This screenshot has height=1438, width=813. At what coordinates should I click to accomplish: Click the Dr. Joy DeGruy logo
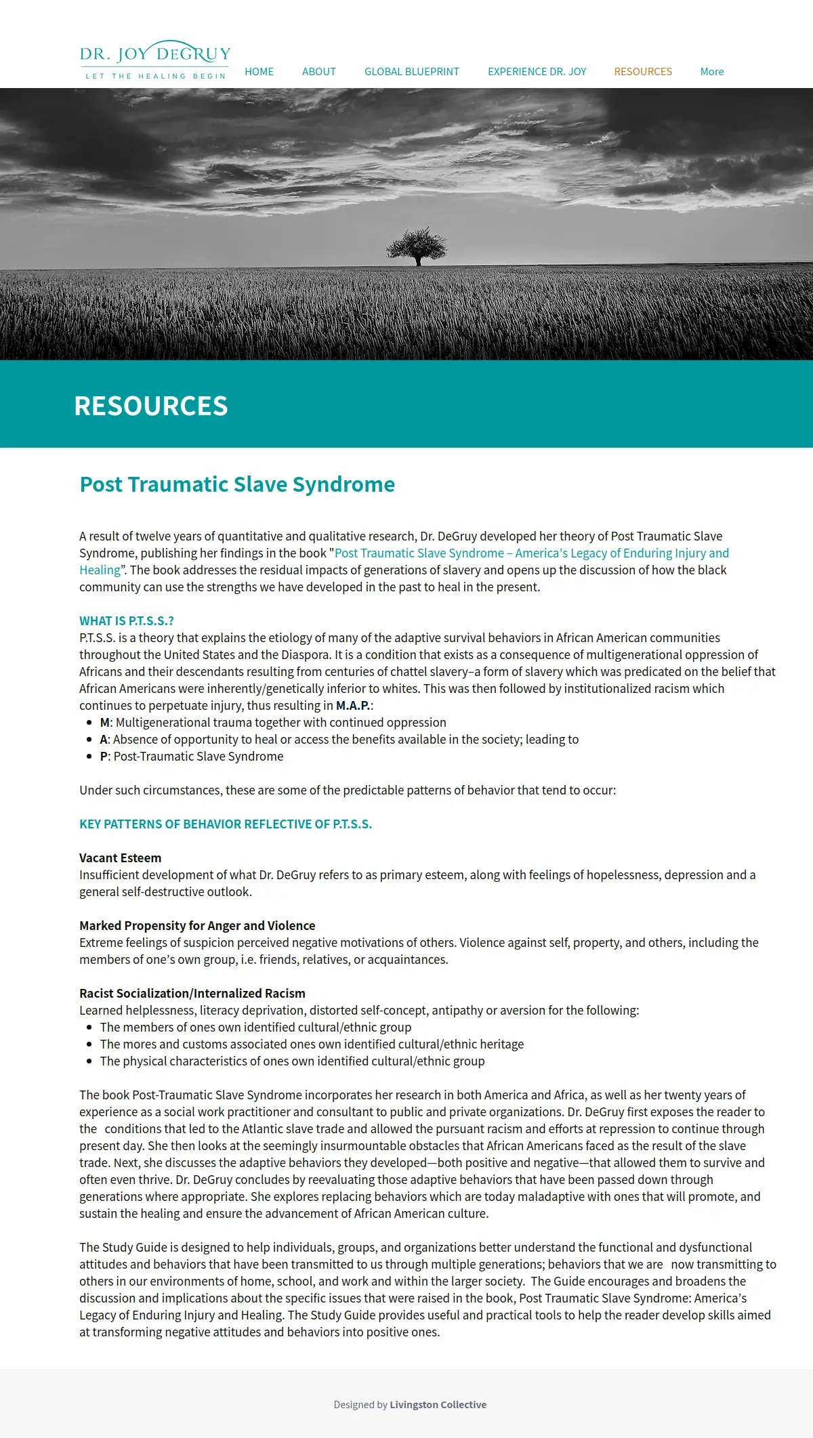(x=155, y=60)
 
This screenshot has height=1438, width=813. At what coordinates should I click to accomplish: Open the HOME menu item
(x=259, y=72)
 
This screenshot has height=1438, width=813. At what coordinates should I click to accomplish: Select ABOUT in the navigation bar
(x=318, y=72)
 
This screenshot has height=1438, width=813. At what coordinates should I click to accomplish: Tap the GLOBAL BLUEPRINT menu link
(x=411, y=72)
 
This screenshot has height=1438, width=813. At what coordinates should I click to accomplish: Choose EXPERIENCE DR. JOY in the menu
(x=537, y=72)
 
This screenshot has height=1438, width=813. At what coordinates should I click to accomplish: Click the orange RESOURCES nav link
(x=643, y=72)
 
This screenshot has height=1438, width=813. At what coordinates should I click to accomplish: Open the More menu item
(x=711, y=72)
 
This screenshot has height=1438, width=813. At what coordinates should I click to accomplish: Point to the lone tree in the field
(x=417, y=246)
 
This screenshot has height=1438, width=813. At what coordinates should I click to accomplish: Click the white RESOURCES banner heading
(x=150, y=406)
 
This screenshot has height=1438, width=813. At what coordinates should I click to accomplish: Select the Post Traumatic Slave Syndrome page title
(x=237, y=484)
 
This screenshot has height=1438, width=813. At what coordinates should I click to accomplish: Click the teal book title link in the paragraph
(x=531, y=553)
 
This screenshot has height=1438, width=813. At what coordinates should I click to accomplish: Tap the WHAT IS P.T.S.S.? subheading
(x=127, y=621)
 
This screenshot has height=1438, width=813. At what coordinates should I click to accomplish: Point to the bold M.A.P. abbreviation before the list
(x=353, y=706)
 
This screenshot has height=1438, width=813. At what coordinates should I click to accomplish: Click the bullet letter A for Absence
(x=104, y=740)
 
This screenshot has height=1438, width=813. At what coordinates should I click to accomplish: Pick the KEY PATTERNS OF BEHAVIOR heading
(x=226, y=824)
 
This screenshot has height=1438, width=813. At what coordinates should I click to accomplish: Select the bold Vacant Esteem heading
(x=120, y=858)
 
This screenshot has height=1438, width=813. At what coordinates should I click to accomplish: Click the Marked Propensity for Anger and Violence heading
(x=197, y=926)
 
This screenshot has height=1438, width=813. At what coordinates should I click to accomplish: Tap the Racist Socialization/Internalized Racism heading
(x=192, y=994)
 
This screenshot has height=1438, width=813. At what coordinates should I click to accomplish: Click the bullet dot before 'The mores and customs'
(x=89, y=1044)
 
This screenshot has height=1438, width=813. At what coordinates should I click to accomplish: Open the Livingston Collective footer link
(x=438, y=1405)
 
